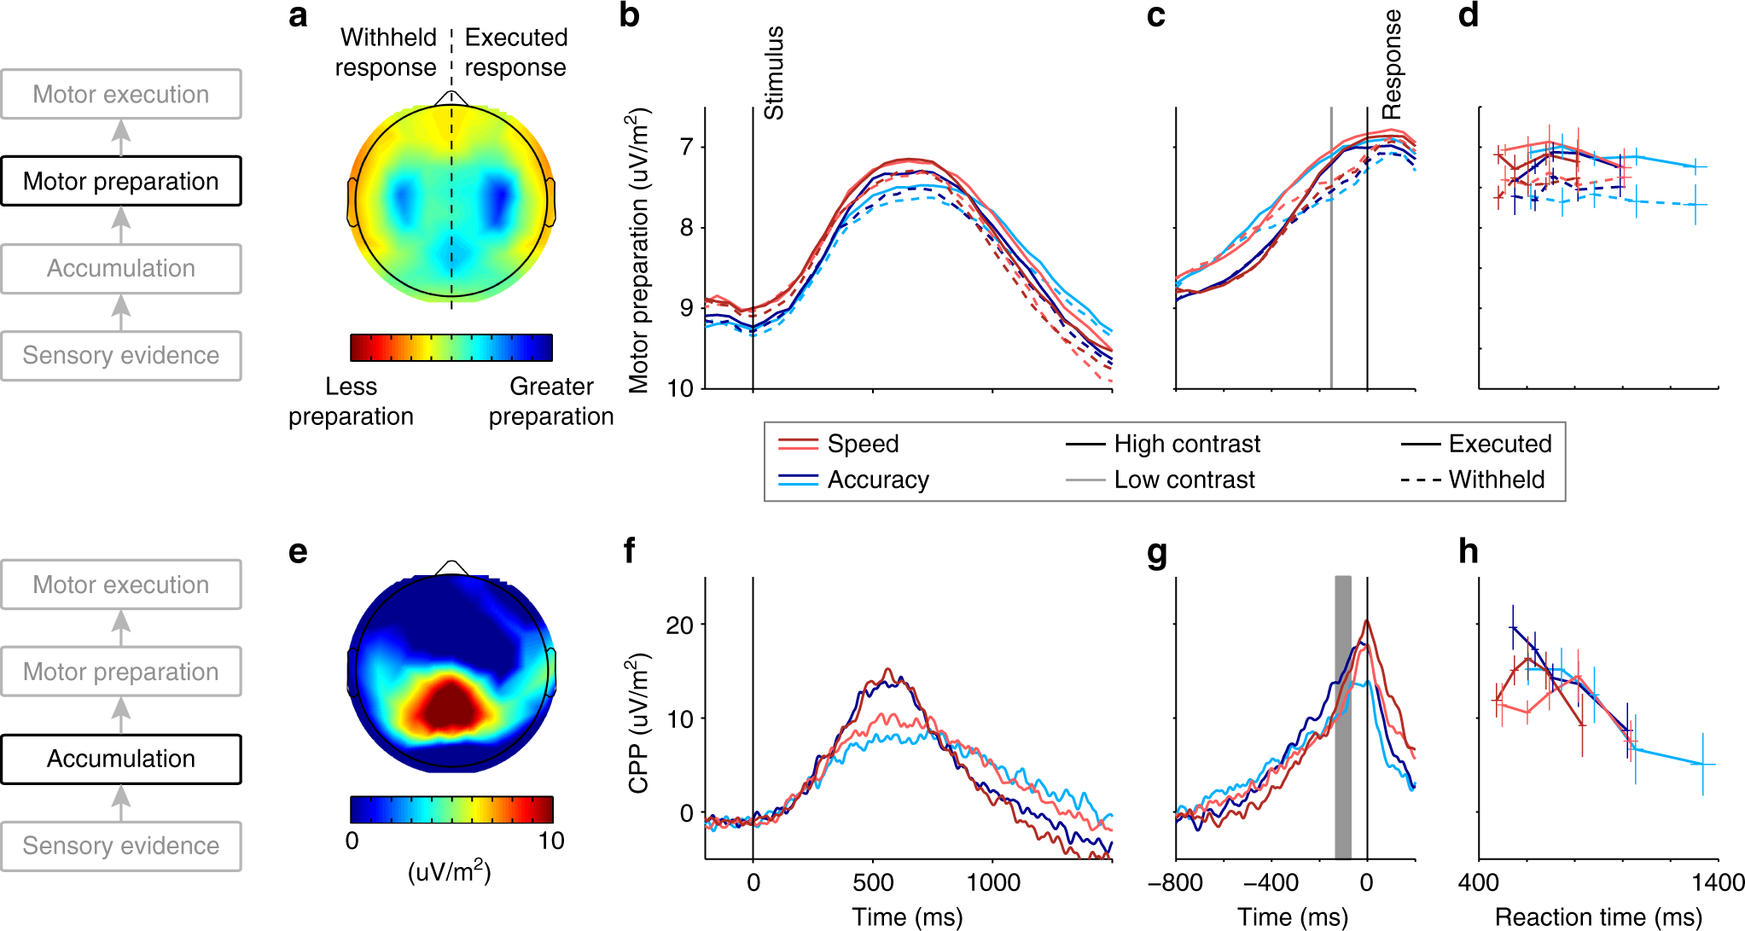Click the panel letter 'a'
tap(298, 16)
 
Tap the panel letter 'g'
tap(1156, 553)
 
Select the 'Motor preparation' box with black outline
tap(121, 181)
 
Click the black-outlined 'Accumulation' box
tap(121, 759)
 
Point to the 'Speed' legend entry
tap(862, 444)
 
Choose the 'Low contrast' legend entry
tap(1184, 480)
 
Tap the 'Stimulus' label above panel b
tap(774, 73)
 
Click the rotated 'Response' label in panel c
tap(1392, 65)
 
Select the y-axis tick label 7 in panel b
tap(687, 148)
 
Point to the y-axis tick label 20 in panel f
tap(679, 626)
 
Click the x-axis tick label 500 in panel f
tap(873, 882)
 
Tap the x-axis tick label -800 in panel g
tap(1175, 882)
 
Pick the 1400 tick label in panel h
tap(1718, 882)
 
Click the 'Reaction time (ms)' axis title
tap(1598, 917)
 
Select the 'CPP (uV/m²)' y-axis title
tap(639, 724)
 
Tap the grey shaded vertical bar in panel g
tap(1343, 717)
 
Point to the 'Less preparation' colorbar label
tap(351, 401)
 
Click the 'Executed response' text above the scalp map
tap(515, 52)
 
